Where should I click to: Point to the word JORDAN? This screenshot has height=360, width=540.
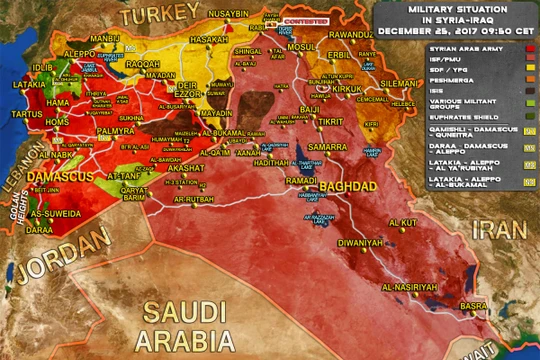point(65,245)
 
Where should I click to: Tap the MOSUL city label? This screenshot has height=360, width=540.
point(301,46)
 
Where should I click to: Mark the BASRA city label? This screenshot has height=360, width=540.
point(474,306)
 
